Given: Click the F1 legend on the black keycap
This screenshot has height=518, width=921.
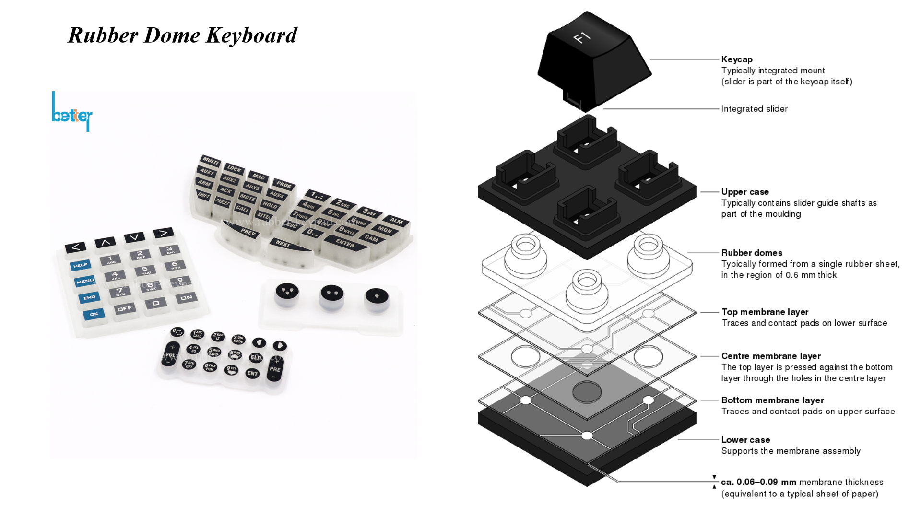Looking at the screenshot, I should coord(582,37).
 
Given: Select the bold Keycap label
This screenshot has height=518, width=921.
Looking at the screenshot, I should coord(737,59).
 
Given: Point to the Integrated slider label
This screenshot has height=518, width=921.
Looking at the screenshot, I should coord(754,109).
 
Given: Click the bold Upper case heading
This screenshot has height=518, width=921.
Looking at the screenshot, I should coord(745,192).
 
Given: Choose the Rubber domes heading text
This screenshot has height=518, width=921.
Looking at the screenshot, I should coord(752,253).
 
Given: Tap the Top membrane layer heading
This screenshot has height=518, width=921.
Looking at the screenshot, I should coord(765,312).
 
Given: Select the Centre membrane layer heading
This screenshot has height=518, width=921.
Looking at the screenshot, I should coord(771,356).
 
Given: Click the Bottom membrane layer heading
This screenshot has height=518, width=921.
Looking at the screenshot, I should coord(772,400).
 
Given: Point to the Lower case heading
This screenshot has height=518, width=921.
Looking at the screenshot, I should coord(745,440).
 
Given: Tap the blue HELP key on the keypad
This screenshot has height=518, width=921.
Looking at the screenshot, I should coord(80,265).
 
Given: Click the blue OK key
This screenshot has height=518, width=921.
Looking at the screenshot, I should coord(94,314).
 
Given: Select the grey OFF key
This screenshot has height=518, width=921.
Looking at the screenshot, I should coord(125,308).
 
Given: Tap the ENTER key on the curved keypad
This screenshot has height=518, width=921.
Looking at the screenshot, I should coord(345,243).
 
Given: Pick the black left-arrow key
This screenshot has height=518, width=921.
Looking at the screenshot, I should coord(76,247).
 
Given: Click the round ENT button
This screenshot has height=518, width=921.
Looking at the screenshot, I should coord(252,373).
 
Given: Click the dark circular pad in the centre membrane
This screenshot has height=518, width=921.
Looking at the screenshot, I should coord(587,392).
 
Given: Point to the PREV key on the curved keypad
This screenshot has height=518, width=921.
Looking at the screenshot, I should coord(248,232).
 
